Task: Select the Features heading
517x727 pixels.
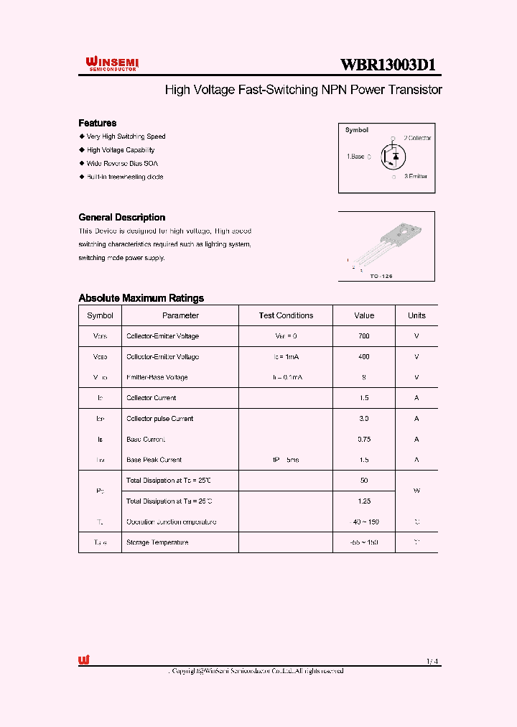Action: pos(97,123)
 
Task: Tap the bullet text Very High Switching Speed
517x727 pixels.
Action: pos(126,136)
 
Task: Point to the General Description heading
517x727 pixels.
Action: pos(121,218)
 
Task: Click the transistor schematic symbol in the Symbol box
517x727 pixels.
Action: pos(393,156)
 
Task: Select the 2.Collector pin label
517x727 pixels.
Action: pos(416,137)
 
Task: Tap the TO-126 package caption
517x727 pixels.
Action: pos(381,276)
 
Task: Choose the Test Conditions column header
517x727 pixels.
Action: pos(286,315)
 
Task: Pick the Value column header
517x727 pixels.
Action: pos(364,315)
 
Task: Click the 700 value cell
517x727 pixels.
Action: pos(364,336)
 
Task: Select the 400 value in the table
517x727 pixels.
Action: pos(364,357)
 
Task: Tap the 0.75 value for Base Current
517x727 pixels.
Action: pos(364,439)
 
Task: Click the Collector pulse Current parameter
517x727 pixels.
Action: pos(159,419)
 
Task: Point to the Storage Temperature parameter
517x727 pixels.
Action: pos(157,542)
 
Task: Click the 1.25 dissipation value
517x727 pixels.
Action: pos(364,501)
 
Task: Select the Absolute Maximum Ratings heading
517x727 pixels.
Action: pos(141,298)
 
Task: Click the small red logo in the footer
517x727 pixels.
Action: pos(84,661)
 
